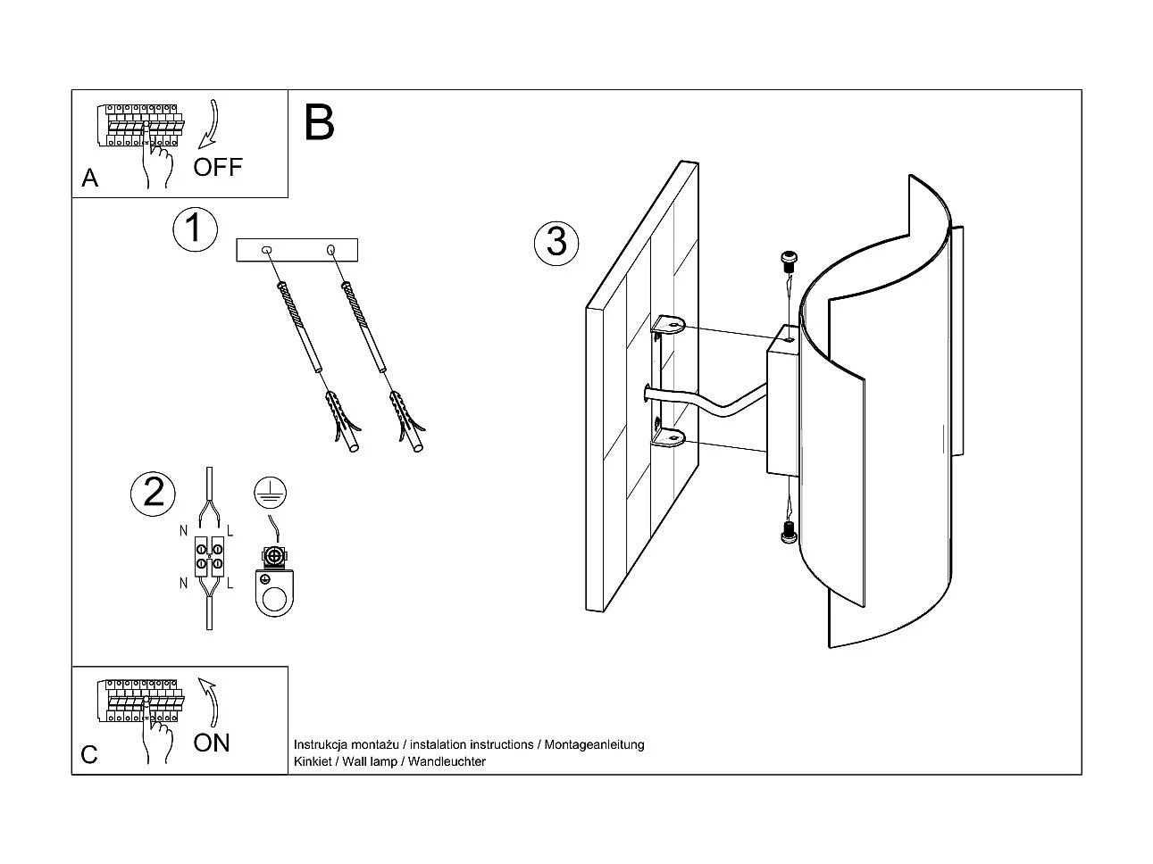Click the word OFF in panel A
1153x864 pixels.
pyautogui.click(x=218, y=167)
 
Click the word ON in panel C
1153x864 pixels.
pyautogui.click(x=212, y=743)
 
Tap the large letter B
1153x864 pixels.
pyautogui.click(x=319, y=123)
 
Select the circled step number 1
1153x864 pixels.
pyautogui.click(x=194, y=228)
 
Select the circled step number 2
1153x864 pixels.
pyautogui.click(x=153, y=493)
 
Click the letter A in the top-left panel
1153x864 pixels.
pyautogui.click(x=89, y=179)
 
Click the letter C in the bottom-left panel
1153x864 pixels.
pyautogui.click(x=89, y=755)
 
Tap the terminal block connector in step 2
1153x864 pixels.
pyautogui.click(x=207, y=557)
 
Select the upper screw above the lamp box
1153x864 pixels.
pyautogui.click(x=787, y=262)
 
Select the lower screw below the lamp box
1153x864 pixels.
pyautogui.click(x=787, y=532)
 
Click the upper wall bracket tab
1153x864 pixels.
pyautogui.click(x=668, y=326)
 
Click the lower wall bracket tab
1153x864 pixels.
pyautogui.click(x=668, y=437)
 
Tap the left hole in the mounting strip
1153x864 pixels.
pyautogui.click(x=266, y=250)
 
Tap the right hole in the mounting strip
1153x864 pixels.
pyautogui.click(x=331, y=249)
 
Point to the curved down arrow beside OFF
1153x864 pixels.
pyautogui.click(x=211, y=125)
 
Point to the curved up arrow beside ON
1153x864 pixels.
pyautogui.click(x=210, y=701)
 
